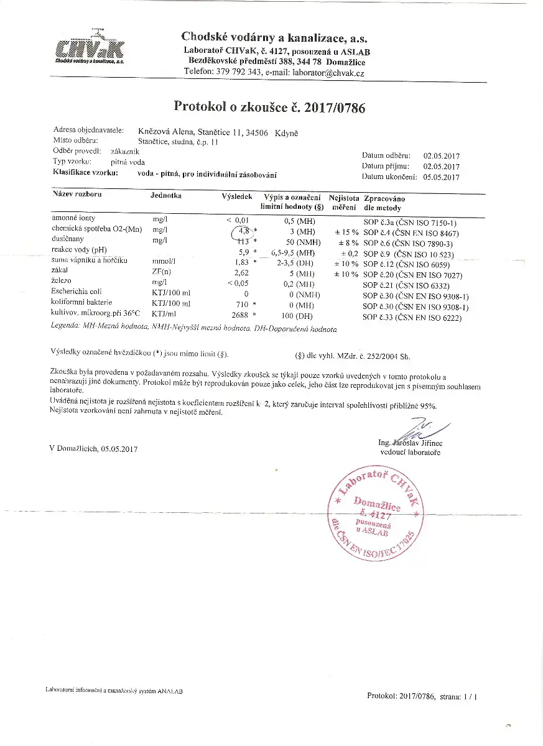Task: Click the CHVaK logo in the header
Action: tap(90, 50)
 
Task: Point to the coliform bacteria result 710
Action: tap(241, 304)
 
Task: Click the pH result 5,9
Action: tap(243, 251)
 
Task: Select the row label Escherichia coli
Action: tap(78, 292)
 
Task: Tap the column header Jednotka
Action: tap(165, 196)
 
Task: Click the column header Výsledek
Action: tap(237, 196)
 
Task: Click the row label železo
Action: tap(62, 282)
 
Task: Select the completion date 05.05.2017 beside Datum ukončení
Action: tap(441, 177)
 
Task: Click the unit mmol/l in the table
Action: tap(164, 262)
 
